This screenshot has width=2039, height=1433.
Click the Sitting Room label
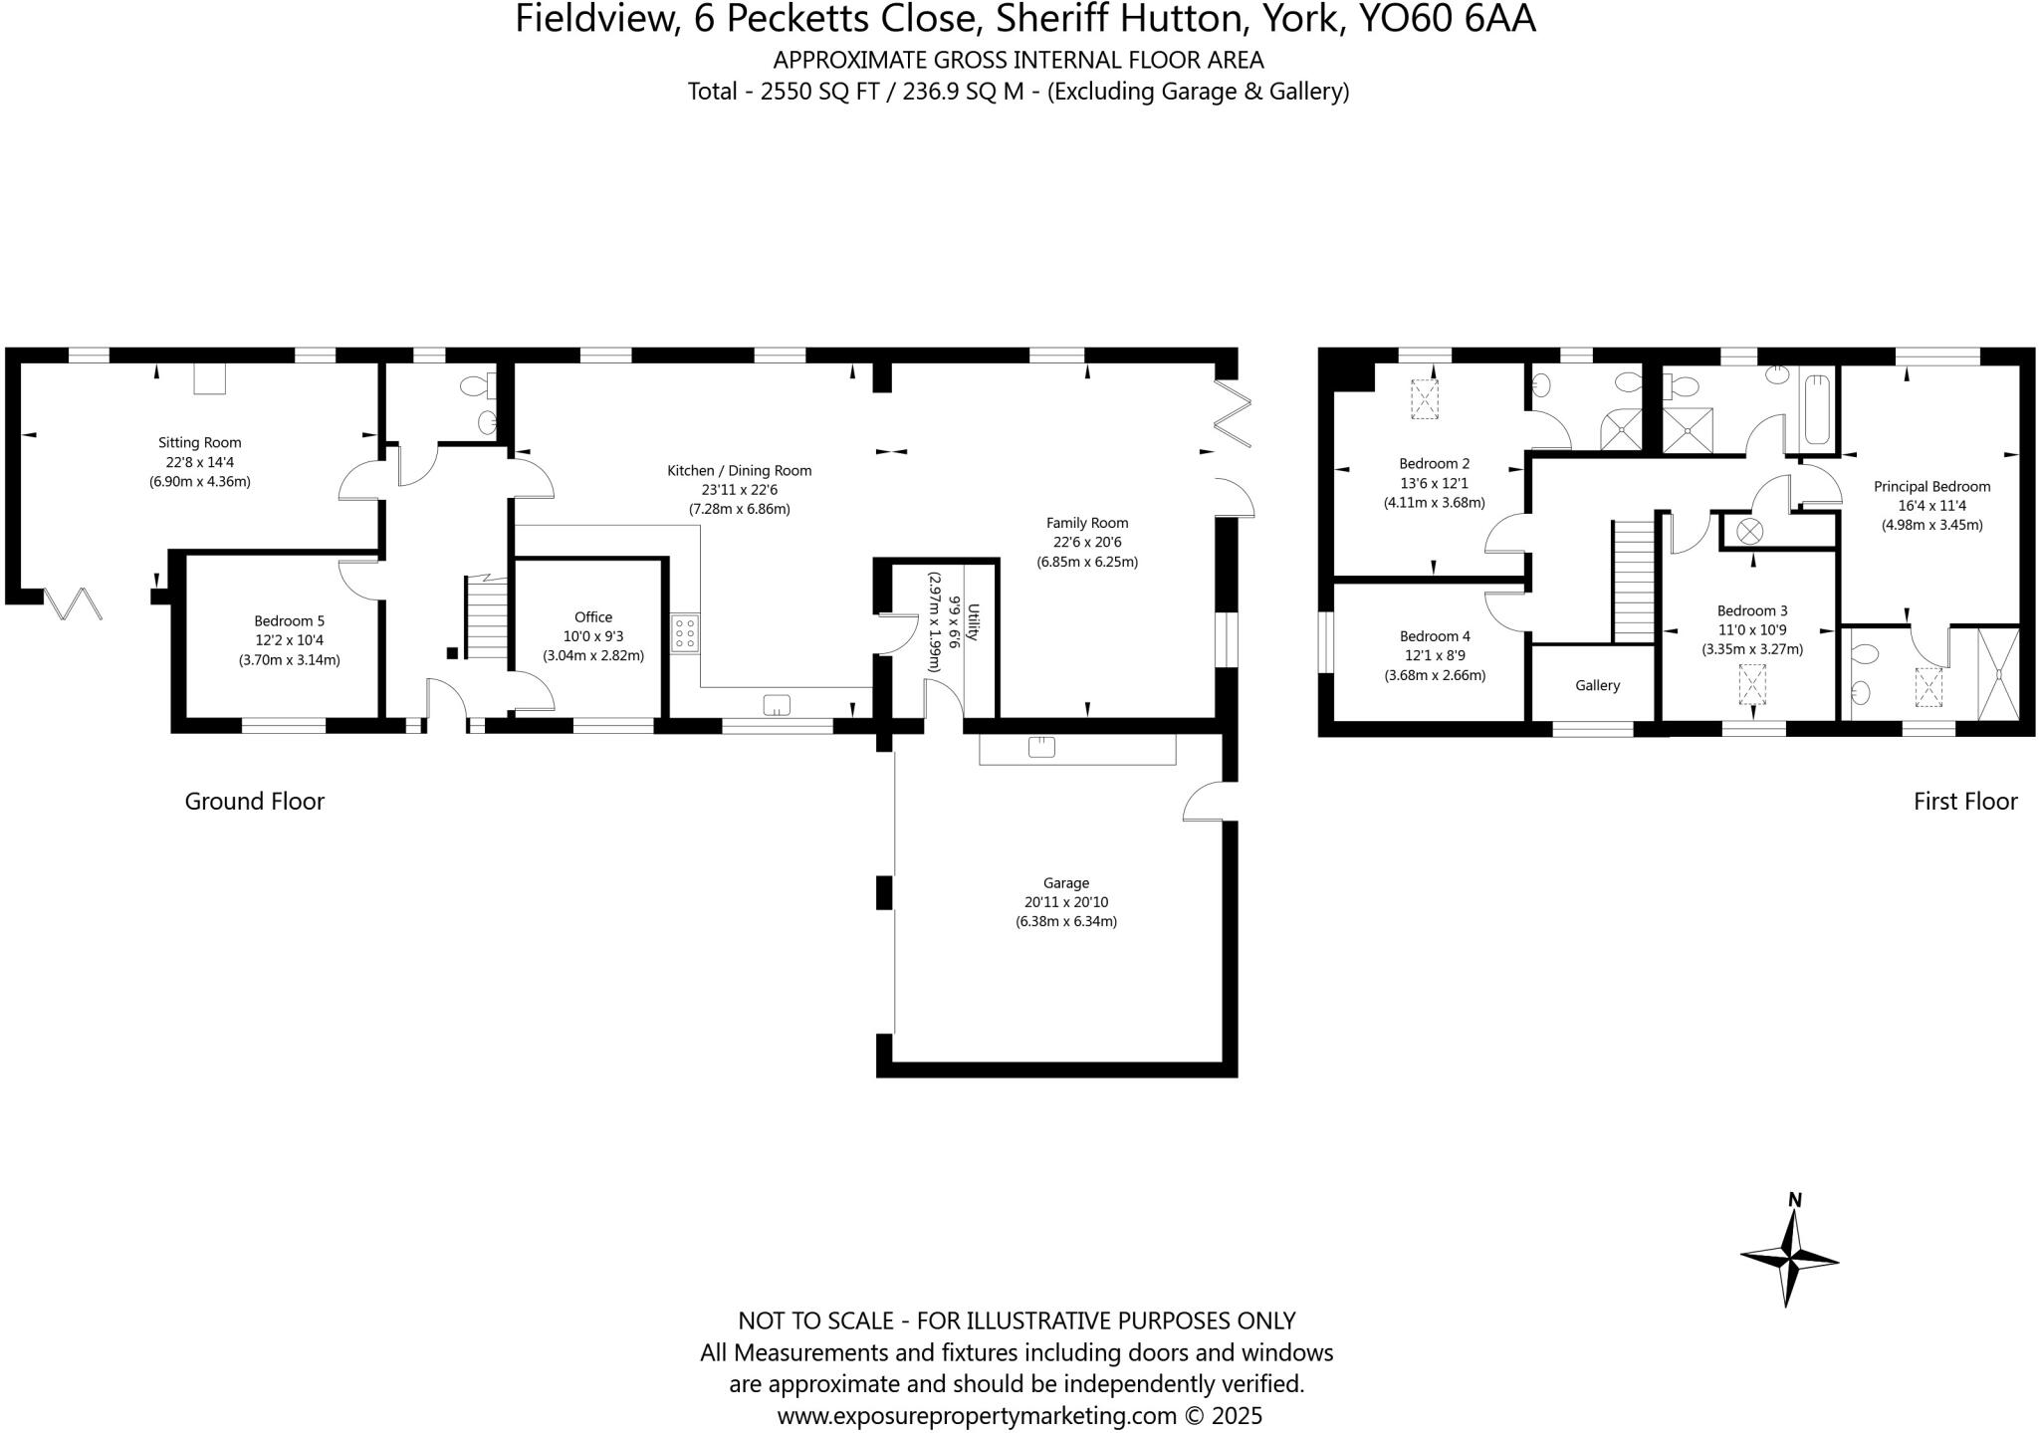pyautogui.click(x=199, y=442)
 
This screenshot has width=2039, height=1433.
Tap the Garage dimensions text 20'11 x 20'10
pyautogui.click(x=1066, y=902)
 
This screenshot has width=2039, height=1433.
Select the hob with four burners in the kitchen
pyautogui.click(x=685, y=633)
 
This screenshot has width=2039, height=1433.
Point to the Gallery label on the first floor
pyautogui.click(x=1597, y=685)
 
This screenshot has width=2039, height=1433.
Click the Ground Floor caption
pyautogui.click(x=254, y=801)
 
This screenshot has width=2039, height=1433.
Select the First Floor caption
pyautogui.click(x=1964, y=801)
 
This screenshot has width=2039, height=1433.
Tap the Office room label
pyautogui.click(x=593, y=616)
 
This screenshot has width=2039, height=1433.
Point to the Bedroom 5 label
pyautogui.click(x=289, y=620)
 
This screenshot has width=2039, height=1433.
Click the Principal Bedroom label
pyautogui.click(x=1931, y=486)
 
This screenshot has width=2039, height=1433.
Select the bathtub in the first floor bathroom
pyautogui.click(x=1817, y=409)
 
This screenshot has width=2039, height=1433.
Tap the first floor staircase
pyautogui.click(x=1633, y=583)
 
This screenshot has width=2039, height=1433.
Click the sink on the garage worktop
pyautogui.click(x=1041, y=747)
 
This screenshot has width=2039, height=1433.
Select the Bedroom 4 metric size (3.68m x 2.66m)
pyautogui.click(x=1435, y=675)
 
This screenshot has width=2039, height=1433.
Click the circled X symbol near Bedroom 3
pyautogui.click(x=1749, y=531)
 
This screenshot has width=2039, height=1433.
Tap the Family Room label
pyautogui.click(x=1086, y=522)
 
